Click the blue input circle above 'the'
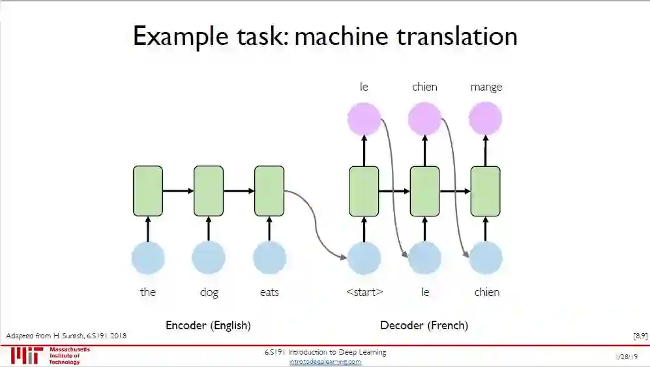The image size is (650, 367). (148, 258)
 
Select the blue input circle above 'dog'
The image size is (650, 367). (209, 258)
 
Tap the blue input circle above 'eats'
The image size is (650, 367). (269, 258)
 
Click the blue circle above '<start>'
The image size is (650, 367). (364, 258)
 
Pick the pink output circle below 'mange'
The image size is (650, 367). (486, 119)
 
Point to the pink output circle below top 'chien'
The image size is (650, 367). (425, 119)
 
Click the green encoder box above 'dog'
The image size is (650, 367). (209, 191)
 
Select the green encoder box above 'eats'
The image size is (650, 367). (269, 191)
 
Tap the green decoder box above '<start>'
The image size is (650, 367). (364, 191)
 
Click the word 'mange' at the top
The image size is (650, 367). (486, 87)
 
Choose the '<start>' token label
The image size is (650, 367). (364, 292)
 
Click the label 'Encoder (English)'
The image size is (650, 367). (208, 325)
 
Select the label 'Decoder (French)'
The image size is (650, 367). (424, 325)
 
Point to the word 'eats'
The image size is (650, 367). (269, 292)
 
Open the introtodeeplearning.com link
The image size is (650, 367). (325, 362)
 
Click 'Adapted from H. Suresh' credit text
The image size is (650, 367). (66, 336)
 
